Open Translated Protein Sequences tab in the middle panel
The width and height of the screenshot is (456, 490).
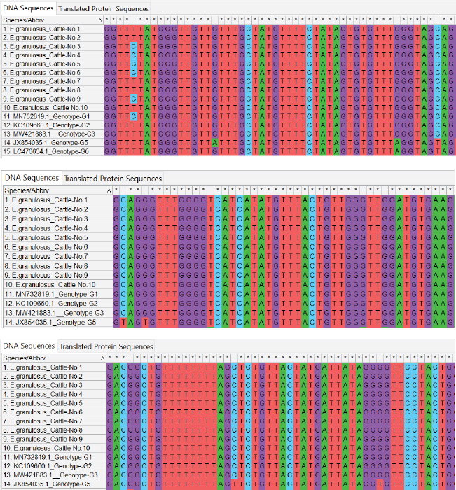(x=113, y=178)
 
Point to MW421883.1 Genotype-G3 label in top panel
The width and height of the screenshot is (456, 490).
(x=48, y=134)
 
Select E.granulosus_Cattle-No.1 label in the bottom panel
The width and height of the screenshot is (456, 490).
(x=47, y=367)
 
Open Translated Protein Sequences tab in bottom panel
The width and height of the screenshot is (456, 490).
(x=106, y=346)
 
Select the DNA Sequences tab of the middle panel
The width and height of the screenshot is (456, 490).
(x=32, y=178)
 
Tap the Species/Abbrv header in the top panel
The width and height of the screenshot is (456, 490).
(x=21, y=20)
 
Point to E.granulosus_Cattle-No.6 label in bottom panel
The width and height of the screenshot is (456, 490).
(x=47, y=412)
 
